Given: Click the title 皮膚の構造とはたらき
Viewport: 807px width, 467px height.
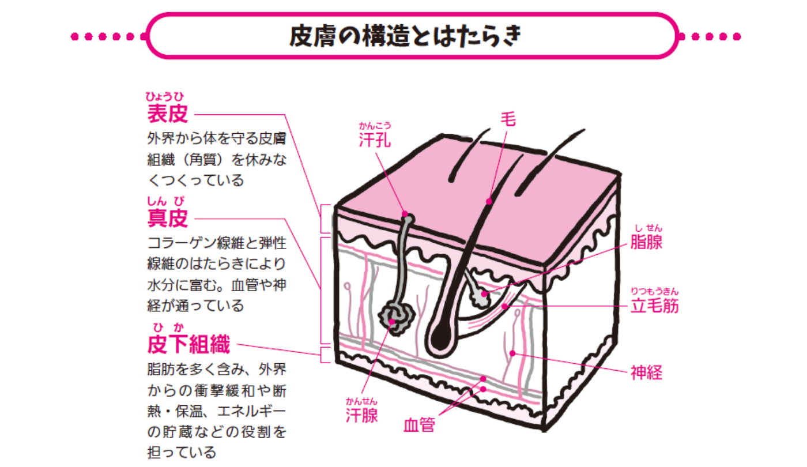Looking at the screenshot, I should point(406,36).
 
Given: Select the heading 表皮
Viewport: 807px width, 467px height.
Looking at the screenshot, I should point(168,114).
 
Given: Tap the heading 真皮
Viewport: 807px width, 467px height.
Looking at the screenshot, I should point(168,219).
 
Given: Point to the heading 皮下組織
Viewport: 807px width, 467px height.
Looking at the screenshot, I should point(188,345).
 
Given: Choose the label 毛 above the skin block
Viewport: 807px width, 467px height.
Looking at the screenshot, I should point(507,119).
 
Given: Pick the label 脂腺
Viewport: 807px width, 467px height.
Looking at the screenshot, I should point(646,242).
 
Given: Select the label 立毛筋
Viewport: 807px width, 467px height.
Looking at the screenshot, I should point(654,306).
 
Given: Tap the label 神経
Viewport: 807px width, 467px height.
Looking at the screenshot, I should point(646,373).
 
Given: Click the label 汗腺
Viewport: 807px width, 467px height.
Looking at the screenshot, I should point(361,416).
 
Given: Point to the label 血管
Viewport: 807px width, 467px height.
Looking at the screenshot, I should point(419,426).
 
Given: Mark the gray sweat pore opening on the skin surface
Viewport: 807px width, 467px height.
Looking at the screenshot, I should point(408,217).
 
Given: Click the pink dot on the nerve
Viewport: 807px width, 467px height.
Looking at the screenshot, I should point(512,353).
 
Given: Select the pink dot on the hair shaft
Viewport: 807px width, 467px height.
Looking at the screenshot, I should point(488,201).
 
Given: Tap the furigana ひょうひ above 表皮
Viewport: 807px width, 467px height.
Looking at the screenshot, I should point(168,96).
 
